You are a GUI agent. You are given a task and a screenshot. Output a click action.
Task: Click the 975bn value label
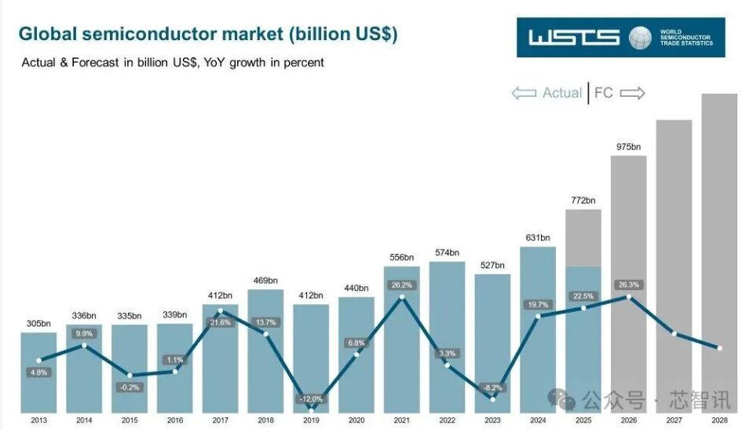point(628,147)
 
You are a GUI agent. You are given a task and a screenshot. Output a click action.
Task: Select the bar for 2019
point(311,354)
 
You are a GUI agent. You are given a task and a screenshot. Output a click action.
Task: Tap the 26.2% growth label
point(401,285)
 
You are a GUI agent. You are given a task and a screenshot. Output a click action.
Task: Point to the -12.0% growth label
point(311,399)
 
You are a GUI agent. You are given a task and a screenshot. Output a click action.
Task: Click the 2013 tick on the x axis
point(38,421)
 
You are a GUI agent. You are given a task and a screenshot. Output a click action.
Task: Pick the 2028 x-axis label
point(719,421)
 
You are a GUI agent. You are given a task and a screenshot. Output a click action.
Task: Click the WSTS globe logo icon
point(641,38)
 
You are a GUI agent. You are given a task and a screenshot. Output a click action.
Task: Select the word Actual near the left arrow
point(562,93)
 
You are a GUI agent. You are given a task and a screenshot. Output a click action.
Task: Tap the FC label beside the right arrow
point(603,93)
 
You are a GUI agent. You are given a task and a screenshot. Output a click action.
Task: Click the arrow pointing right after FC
point(632,93)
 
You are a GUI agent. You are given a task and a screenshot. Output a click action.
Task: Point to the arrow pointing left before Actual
point(524,93)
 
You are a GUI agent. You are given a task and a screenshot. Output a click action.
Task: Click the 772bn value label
point(583,200)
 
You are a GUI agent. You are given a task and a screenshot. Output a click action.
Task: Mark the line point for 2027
point(674,334)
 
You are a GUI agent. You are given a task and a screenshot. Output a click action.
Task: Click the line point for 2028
point(719,348)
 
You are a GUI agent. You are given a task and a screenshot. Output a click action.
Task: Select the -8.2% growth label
point(492,388)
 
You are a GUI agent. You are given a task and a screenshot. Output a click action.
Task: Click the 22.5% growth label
point(583,296)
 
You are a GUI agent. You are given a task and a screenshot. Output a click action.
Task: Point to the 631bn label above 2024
point(538,237)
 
